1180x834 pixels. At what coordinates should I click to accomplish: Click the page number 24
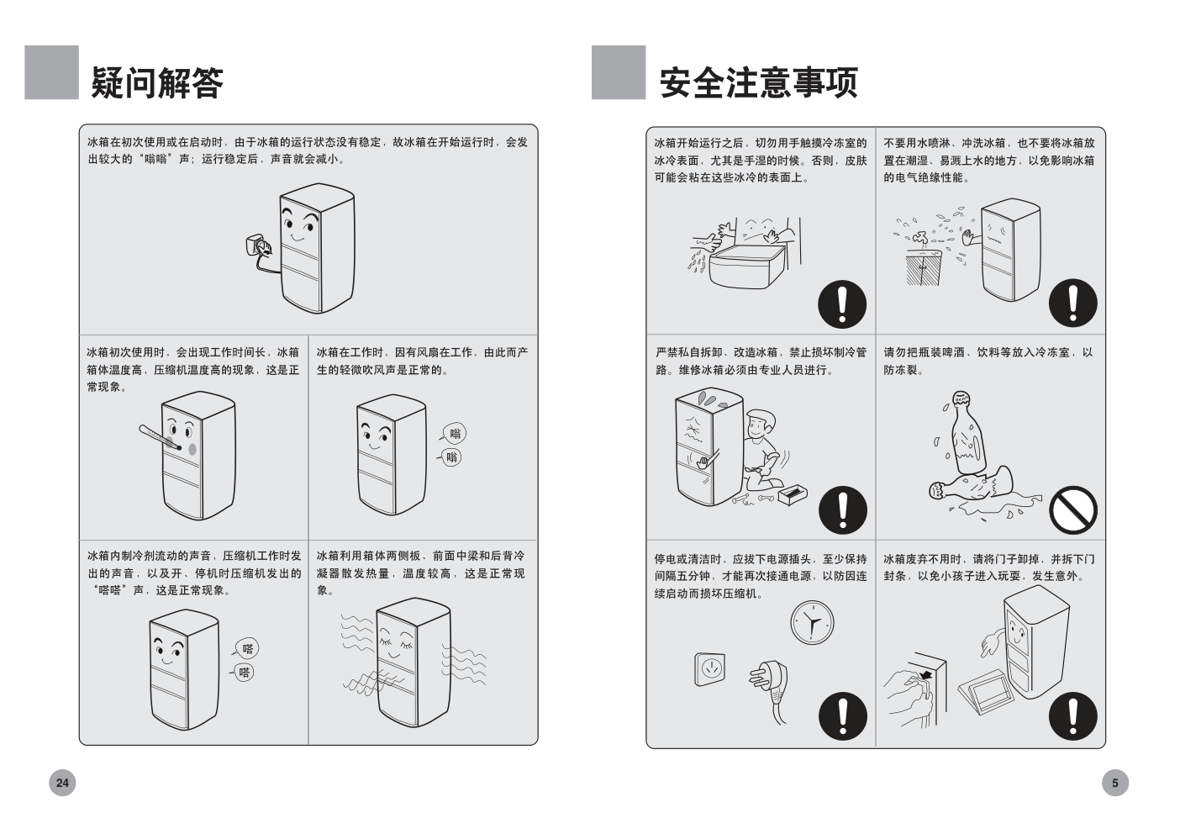coord(62,783)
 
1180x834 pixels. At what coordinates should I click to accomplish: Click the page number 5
coord(1114,783)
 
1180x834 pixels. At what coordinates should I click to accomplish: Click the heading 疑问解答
coord(157,82)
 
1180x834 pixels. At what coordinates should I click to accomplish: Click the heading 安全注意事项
coord(758,82)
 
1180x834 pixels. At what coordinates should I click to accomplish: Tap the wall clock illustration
coord(812,623)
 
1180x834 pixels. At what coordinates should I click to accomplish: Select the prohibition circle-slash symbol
coord(1072,509)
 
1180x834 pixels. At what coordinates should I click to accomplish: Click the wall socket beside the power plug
coord(710,669)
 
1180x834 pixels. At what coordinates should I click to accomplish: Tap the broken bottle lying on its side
coord(971,488)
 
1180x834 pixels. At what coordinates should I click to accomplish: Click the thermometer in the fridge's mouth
coord(160,438)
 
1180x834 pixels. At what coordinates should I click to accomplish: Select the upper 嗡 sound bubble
coord(454,434)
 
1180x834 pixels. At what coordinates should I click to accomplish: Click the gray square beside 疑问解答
coord(51,72)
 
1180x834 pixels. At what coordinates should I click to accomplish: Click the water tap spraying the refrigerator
coord(919,240)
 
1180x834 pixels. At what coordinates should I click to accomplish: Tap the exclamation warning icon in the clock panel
coord(842,715)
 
